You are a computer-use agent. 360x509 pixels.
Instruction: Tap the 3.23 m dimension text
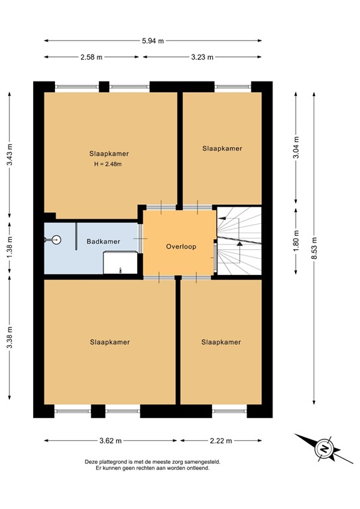click(x=202, y=58)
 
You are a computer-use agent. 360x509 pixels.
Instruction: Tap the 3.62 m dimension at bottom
click(x=110, y=439)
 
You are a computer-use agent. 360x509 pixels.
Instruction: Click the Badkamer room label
click(x=103, y=242)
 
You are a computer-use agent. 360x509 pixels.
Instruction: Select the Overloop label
click(x=179, y=247)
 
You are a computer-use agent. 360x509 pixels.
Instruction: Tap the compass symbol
click(x=324, y=449)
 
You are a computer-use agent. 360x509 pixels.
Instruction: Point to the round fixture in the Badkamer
click(x=56, y=241)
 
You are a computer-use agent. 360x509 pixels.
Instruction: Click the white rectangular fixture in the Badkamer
click(x=121, y=264)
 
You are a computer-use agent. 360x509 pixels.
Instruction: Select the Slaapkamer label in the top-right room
click(x=222, y=148)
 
